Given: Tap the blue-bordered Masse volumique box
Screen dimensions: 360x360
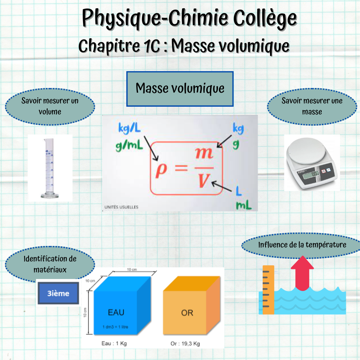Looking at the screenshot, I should [x=180, y=89].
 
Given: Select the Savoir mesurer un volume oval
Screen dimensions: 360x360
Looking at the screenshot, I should [x=50, y=106].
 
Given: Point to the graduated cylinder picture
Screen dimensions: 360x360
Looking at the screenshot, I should [x=49, y=168].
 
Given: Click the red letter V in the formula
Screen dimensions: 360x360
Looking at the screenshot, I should [x=203, y=181].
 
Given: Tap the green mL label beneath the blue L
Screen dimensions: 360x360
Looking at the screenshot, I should [x=243, y=205].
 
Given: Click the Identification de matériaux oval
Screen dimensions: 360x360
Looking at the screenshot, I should [x=50, y=264].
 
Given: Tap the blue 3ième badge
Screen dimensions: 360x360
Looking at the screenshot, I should [x=58, y=293].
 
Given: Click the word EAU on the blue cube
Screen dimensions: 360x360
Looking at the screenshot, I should [x=116, y=312].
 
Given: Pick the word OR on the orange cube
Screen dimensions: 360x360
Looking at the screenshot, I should [x=187, y=313].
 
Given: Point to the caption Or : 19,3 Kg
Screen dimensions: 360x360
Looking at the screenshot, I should [x=185, y=343].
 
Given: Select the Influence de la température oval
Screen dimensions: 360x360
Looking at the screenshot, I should [x=302, y=245].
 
